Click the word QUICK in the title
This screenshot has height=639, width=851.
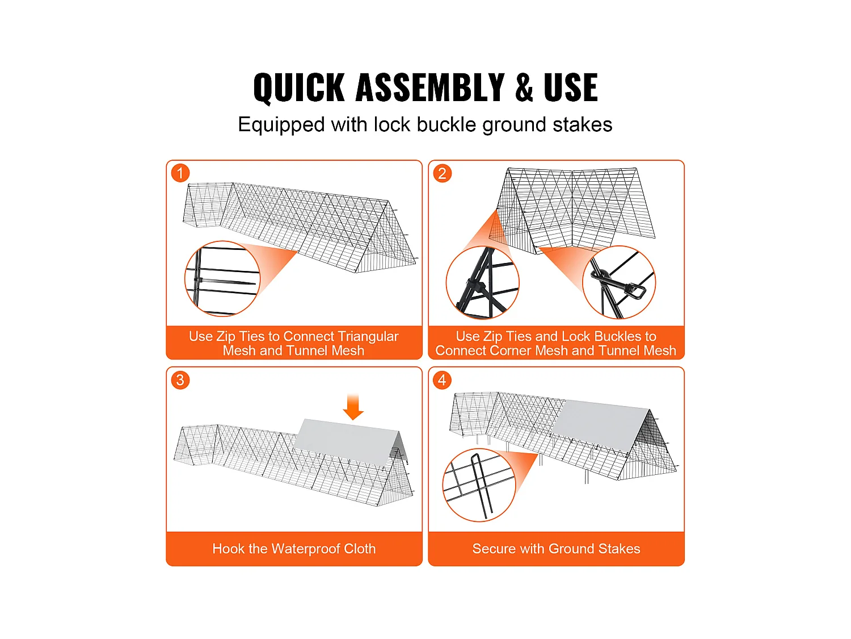(x=299, y=88)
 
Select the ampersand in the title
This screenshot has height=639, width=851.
(x=524, y=87)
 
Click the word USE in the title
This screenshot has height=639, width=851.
(x=571, y=87)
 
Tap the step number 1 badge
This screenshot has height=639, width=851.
(x=180, y=173)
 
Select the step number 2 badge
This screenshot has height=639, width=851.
(x=443, y=173)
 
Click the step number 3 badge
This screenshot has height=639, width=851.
(x=180, y=380)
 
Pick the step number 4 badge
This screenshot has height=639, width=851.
(x=443, y=380)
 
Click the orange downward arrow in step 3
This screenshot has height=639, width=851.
(x=353, y=407)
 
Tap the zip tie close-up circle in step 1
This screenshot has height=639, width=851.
(x=222, y=278)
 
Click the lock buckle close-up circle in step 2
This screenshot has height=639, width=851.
(x=619, y=282)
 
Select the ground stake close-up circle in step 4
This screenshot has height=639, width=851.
(x=479, y=485)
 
